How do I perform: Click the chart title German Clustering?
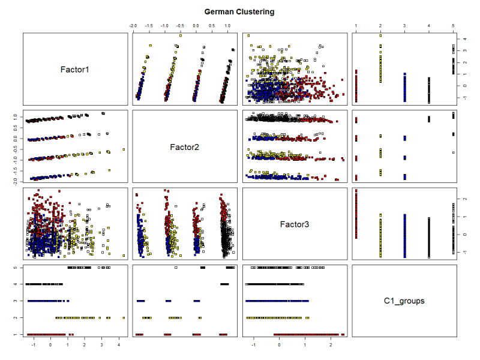point(239,11)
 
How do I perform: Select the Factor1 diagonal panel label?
point(75,70)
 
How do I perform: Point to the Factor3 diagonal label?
point(296,224)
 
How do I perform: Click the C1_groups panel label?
point(404,301)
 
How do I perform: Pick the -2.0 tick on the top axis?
point(133,26)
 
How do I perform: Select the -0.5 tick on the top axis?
point(180,26)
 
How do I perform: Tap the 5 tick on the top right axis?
point(454,26)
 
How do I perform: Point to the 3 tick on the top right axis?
point(404,26)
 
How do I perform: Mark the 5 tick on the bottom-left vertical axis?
point(17,267)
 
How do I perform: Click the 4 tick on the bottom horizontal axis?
point(119,346)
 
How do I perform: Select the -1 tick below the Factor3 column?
point(254,346)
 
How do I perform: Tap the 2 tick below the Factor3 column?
point(331,346)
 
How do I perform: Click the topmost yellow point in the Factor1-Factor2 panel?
point(180,35)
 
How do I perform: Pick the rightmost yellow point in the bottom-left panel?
point(124,318)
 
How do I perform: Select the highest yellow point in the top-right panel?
point(380,35)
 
